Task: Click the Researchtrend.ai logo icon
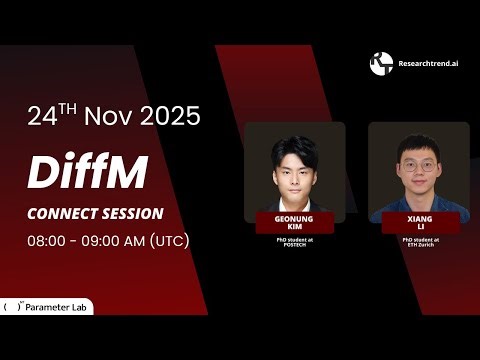click(x=381, y=64)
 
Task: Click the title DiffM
click(x=88, y=172)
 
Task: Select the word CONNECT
click(x=62, y=214)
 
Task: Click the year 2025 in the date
click(x=170, y=115)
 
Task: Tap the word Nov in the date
click(x=108, y=115)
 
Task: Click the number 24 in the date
click(x=43, y=115)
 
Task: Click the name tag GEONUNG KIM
click(x=294, y=222)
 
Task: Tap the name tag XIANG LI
click(x=419, y=222)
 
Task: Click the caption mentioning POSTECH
click(x=294, y=243)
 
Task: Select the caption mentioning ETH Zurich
click(x=419, y=243)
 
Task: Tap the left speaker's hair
click(x=294, y=144)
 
